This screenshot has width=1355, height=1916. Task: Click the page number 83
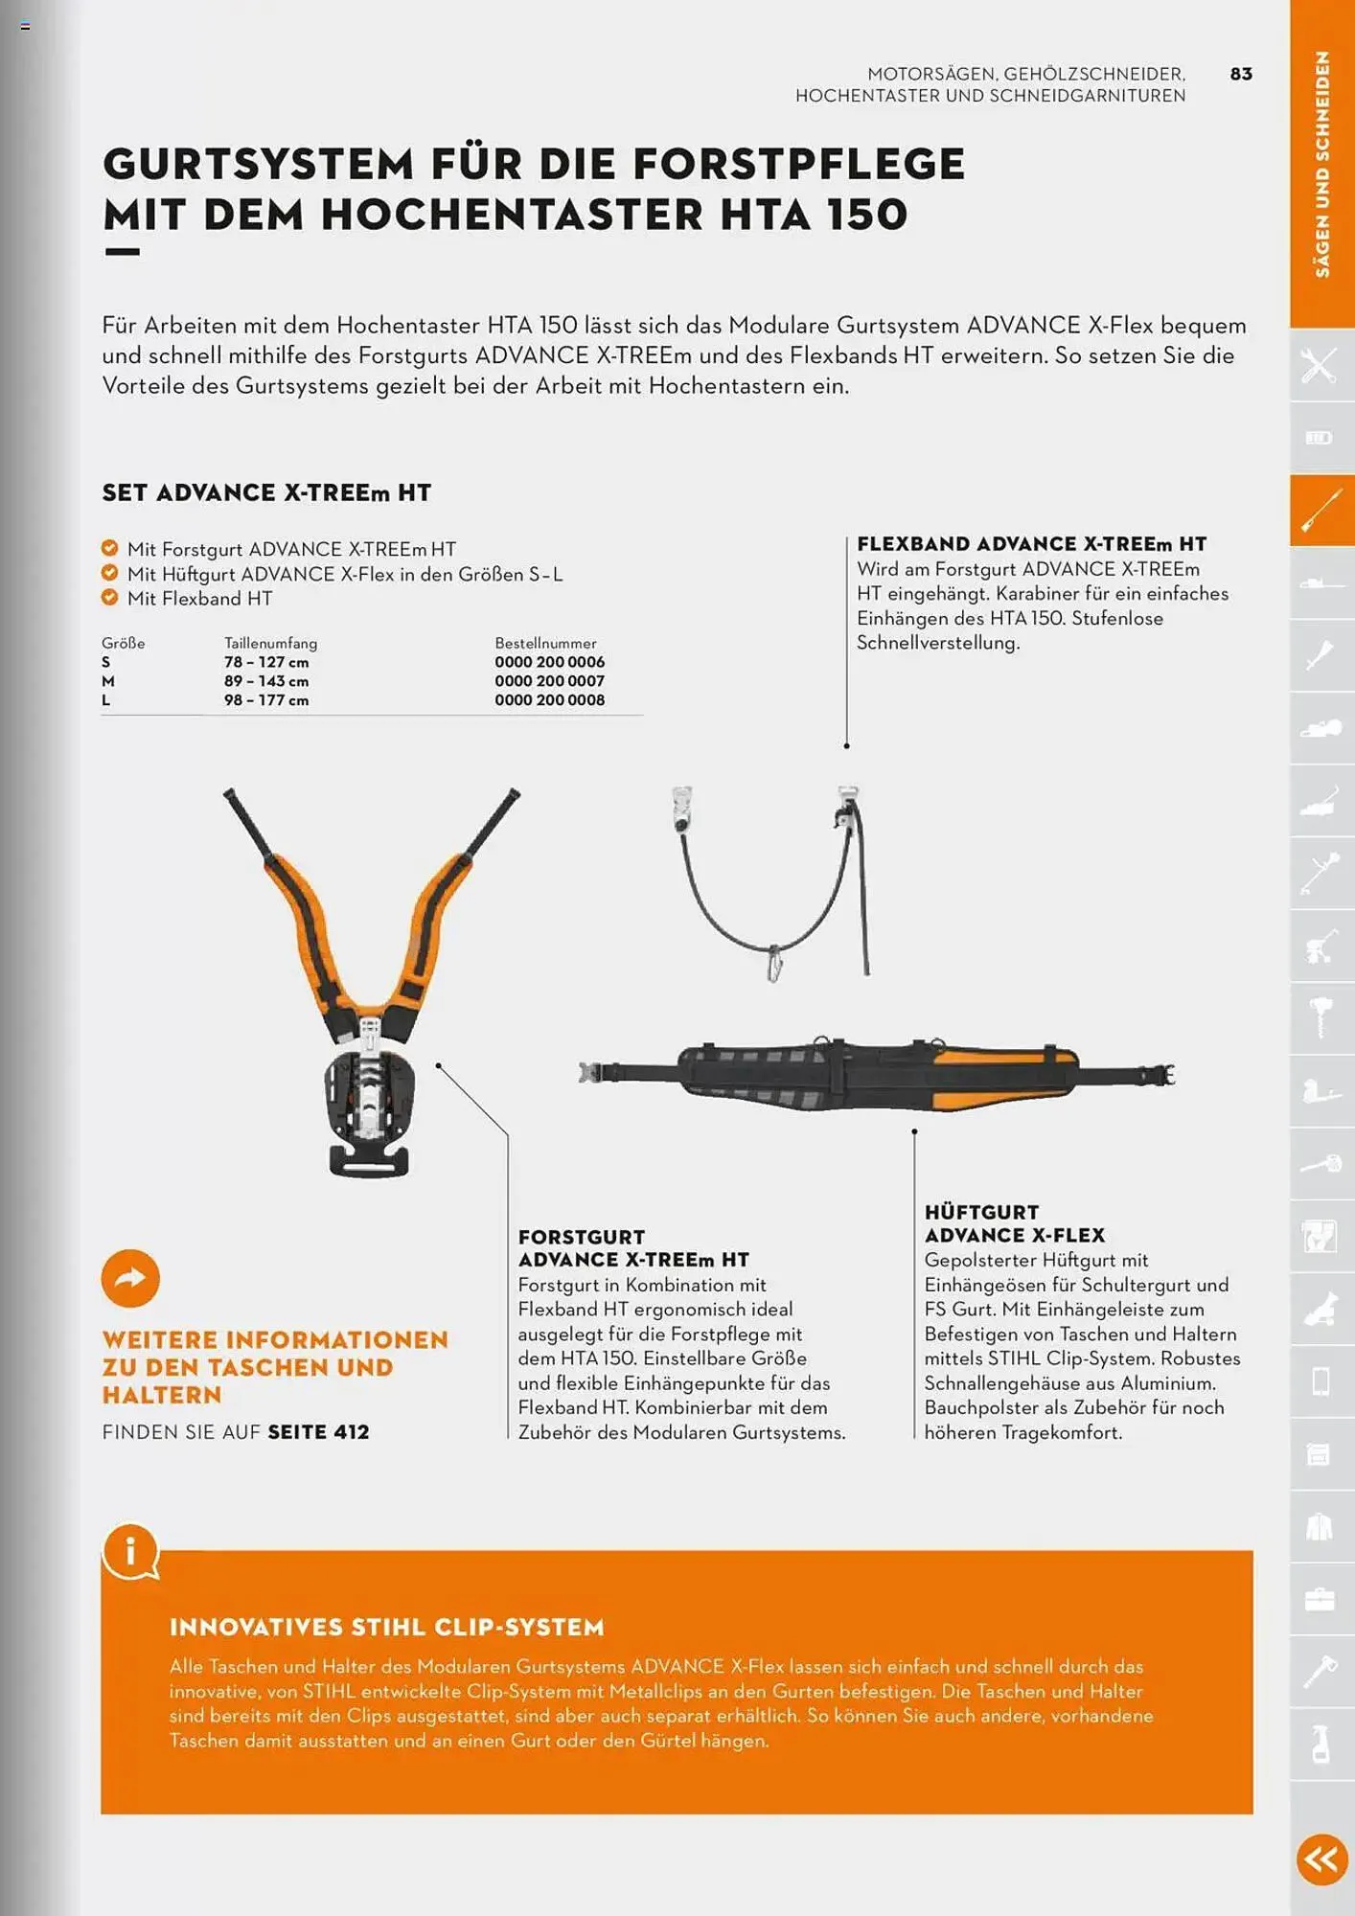pyautogui.click(x=1241, y=74)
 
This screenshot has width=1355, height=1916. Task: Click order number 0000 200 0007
pyautogui.click(x=549, y=681)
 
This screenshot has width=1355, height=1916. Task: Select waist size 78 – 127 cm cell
pyautogui.click(x=266, y=662)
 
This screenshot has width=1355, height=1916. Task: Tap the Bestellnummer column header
pyautogui.click(x=545, y=643)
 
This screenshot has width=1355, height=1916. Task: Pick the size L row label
pyautogui.click(x=106, y=700)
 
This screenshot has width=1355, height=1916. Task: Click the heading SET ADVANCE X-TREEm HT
pyautogui.click(x=266, y=492)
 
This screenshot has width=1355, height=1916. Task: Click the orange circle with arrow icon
pyautogui.click(x=130, y=1278)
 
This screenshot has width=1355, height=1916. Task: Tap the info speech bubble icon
pyautogui.click(x=130, y=1550)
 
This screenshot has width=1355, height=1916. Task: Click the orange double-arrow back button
pyautogui.click(x=1321, y=1859)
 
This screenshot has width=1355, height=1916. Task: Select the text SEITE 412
pyautogui.click(x=318, y=1432)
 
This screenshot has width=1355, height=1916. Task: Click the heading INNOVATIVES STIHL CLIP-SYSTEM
pyautogui.click(x=387, y=1627)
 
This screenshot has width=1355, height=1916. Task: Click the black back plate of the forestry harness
pyautogui.click(x=370, y=1111)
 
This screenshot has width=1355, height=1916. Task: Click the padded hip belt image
pyautogui.click(x=877, y=1075)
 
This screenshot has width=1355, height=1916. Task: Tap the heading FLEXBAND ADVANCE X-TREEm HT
pyautogui.click(x=1031, y=544)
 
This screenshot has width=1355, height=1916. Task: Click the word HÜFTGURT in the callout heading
pyautogui.click(x=981, y=1212)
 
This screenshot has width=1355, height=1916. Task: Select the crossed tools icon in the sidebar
pyautogui.click(x=1320, y=365)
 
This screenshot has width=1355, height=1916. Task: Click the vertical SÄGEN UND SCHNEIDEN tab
pyautogui.click(x=1321, y=163)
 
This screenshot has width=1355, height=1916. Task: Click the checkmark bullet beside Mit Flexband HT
pyautogui.click(x=109, y=598)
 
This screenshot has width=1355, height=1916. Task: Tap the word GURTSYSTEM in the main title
pyautogui.click(x=259, y=164)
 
